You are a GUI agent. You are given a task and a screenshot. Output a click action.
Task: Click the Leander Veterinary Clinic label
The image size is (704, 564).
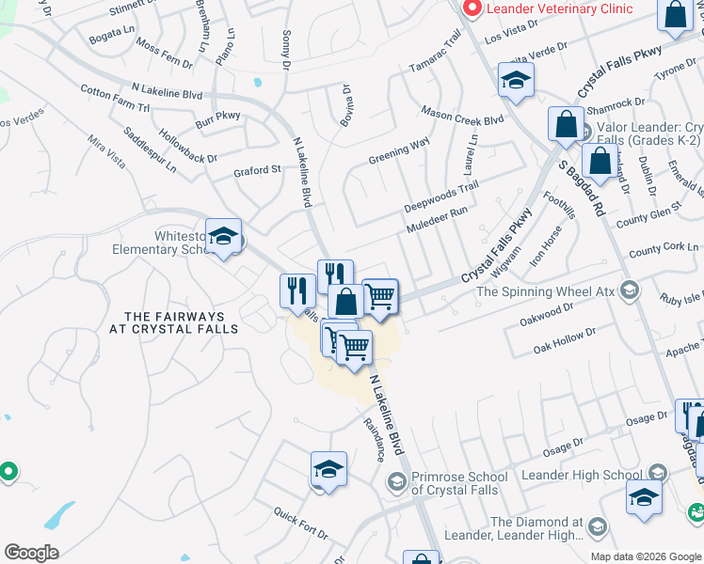click(x=557, y=8)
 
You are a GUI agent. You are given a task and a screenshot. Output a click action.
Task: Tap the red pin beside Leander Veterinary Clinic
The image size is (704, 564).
click(x=472, y=8)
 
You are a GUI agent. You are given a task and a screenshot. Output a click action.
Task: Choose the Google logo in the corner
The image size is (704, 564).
click(x=31, y=553)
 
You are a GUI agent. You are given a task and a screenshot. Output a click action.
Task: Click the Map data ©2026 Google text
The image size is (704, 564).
click(x=645, y=556)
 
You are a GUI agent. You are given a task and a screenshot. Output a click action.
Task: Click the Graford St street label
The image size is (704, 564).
click(x=257, y=172)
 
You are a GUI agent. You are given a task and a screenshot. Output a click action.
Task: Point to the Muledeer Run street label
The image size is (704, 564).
click(x=437, y=221)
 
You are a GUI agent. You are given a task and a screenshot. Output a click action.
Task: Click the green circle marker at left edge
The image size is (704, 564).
click(x=8, y=472)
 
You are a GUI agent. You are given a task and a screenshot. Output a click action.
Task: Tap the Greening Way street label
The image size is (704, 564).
click(x=398, y=148)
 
